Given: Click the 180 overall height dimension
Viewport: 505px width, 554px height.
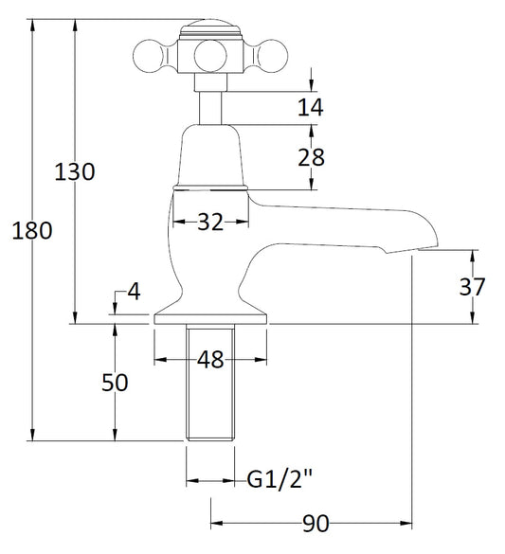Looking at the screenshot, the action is click(32, 230).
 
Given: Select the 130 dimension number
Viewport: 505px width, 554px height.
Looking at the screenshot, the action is click(75, 171).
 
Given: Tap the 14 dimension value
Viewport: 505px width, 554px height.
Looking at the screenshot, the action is click(311, 107).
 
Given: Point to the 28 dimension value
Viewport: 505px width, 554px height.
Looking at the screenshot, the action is click(311, 157).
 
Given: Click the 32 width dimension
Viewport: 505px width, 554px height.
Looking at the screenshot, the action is click(210, 222).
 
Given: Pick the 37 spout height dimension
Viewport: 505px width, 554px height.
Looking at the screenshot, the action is click(472, 287).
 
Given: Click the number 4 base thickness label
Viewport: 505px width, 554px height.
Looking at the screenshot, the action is click(134, 292).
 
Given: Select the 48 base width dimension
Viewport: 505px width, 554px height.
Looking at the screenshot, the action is click(210, 360).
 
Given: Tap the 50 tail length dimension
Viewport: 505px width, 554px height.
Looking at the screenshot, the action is click(115, 383).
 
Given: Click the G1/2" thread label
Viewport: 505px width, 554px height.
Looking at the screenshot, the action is click(280, 479).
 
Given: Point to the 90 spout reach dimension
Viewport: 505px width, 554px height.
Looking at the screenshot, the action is click(316, 524).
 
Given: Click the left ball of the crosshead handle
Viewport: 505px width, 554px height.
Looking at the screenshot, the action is click(149, 56).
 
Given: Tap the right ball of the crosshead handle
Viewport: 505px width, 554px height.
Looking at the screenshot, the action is click(272, 56).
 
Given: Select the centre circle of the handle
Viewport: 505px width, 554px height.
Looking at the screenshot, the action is click(210, 56).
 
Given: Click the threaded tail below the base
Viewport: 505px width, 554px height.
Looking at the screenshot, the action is click(210, 383).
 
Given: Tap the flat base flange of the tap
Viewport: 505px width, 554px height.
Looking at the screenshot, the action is click(210, 319).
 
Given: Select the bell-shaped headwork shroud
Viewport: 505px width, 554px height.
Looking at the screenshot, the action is click(210, 155).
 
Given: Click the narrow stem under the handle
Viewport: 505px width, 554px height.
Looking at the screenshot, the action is click(210, 108).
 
